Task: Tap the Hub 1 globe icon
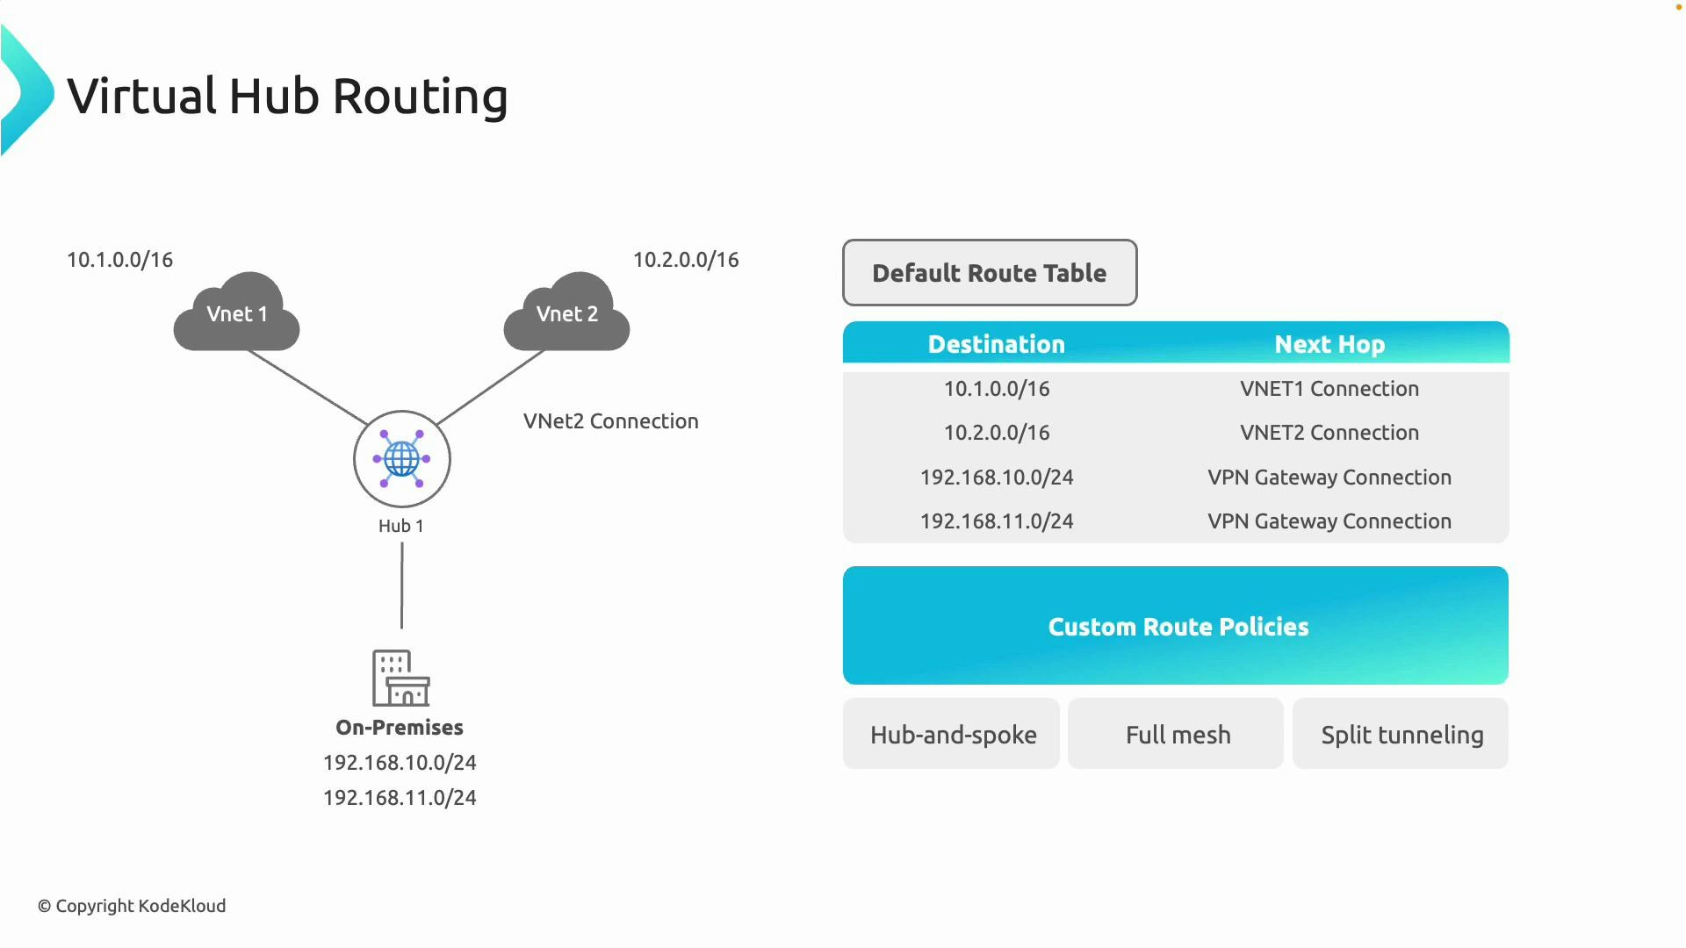pyautogui.click(x=402, y=458)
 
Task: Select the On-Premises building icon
pyautogui.click(x=400, y=678)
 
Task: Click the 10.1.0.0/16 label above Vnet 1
pyautogui.click(x=120, y=260)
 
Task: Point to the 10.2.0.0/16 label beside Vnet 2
pyautogui.click(x=686, y=260)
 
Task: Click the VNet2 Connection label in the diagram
pyautogui.click(x=611, y=421)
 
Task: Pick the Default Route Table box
pyautogui.click(x=990, y=273)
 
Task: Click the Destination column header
pyautogui.click(x=996, y=344)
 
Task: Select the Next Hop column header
pyautogui.click(x=1329, y=344)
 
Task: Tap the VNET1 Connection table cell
pyautogui.click(x=1329, y=389)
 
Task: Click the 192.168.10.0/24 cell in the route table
pyautogui.click(x=997, y=478)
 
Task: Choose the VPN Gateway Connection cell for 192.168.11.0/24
pyautogui.click(x=1329, y=521)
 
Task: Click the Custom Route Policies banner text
pyautogui.click(x=1178, y=627)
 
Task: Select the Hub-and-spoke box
pyautogui.click(x=953, y=735)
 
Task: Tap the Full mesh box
pyautogui.click(x=1178, y=735)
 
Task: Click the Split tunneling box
pyautogui.click(x=1401, y=735)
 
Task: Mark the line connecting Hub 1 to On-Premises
pyautogui.click(x=402, y=585)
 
